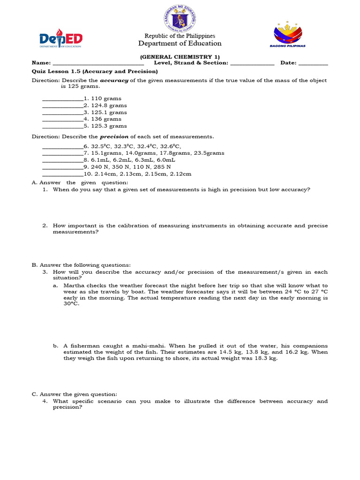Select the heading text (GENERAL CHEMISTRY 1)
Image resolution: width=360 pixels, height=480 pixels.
[x=180, y=57]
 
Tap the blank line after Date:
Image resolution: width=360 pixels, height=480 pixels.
[x=313, y=64]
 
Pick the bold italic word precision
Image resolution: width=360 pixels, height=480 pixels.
[x=114, y=137]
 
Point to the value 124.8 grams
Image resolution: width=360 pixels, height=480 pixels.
[x=108, y=105]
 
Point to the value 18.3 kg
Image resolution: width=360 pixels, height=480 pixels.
[x=265, y=358]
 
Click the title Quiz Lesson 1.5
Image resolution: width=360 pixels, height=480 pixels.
[x=56, y=71]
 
